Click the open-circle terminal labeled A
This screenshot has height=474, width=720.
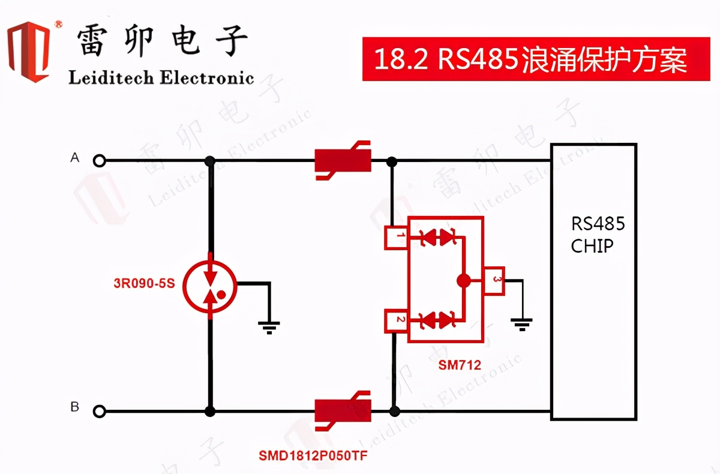(100, 160)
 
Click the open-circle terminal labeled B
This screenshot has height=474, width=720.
(100, 411)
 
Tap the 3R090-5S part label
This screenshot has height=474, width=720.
(144, 283)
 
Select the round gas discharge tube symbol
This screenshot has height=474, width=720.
(209, 284)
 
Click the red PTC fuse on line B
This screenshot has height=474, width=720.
(343, 410)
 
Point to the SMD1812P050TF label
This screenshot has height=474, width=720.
(313, 456)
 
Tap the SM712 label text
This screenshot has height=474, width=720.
(459, 365)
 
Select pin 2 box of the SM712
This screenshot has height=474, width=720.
(396, 321)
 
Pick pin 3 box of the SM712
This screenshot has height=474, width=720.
(495, 281)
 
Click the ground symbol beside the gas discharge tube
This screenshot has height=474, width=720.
(269, 326)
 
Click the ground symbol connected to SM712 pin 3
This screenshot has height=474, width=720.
(522, 325)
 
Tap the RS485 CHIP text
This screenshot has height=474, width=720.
(597, 235)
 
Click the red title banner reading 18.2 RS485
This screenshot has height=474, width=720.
(535, 59)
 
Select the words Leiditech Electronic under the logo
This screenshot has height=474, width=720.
(161, 78)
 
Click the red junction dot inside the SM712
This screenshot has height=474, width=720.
(463, 280)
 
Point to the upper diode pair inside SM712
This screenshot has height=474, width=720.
(436, 238)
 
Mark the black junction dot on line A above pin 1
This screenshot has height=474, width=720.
(392, 161)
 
